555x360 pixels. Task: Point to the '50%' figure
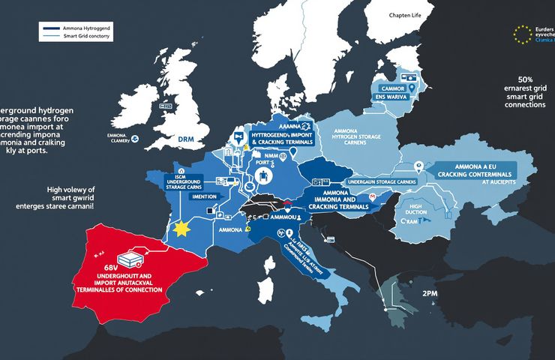pos(526,79)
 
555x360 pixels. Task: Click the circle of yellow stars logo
pos(521,34)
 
